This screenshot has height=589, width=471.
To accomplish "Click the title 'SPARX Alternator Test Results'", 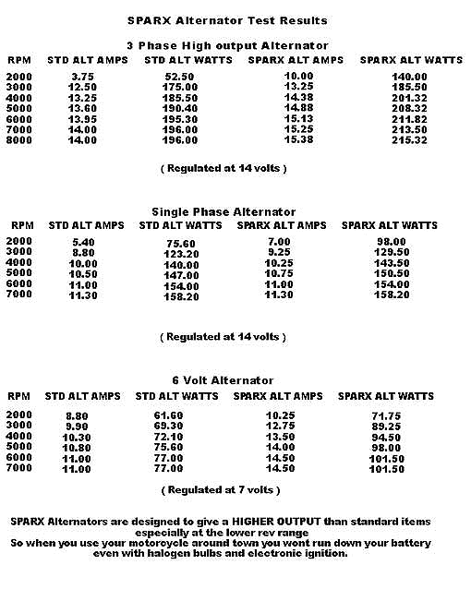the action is click(226, 19).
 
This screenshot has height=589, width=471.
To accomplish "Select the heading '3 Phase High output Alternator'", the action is click(227, 45).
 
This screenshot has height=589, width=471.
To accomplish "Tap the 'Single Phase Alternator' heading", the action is click(223, 211).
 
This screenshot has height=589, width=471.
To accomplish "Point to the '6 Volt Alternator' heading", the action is click(224, 379).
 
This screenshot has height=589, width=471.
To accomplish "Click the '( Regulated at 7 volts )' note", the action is click(221, 489).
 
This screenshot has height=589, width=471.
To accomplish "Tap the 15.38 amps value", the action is click(297, 139).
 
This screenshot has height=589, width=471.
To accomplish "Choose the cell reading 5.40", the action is click(82, 243).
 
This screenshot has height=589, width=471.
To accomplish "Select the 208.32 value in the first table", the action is click(409, 108).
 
